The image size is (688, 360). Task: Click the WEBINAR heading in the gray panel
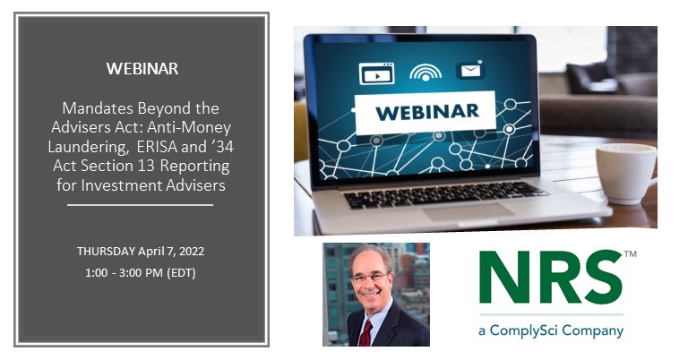click(142, 69)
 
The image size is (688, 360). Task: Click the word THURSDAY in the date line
click(106, 252)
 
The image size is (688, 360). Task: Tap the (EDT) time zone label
click(181, 273)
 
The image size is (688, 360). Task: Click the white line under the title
click(140, 205)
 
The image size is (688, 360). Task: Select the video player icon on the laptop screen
click(376, 73)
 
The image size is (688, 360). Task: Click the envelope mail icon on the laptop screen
click(470, 70)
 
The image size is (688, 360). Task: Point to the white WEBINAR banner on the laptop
click(426, 113)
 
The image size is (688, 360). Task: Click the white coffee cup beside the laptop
click(626, 174)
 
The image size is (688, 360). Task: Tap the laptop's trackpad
click(468, 212)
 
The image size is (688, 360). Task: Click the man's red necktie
click(365, 333)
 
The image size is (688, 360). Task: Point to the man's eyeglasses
click(371, 278)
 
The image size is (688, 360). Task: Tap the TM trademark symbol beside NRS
click(630, 254)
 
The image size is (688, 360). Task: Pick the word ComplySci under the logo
click(524, 330)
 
